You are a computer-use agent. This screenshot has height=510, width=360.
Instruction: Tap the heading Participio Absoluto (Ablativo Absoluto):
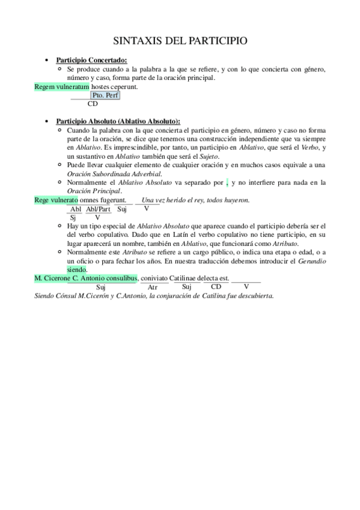[118, 120]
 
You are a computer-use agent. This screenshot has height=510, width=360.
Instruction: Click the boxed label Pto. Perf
[105, 95]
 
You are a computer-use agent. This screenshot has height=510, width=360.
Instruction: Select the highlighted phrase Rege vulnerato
[56, 199]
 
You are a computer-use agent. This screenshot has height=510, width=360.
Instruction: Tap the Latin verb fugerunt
[112, 199]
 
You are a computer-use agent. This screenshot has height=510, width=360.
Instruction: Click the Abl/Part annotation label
[98, 209]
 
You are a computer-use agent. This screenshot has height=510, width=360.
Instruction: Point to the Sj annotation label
[73, 217]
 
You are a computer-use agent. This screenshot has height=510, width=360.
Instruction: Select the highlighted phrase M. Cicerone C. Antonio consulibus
[86, 278]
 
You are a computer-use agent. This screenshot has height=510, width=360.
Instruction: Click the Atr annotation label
[153, 287]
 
